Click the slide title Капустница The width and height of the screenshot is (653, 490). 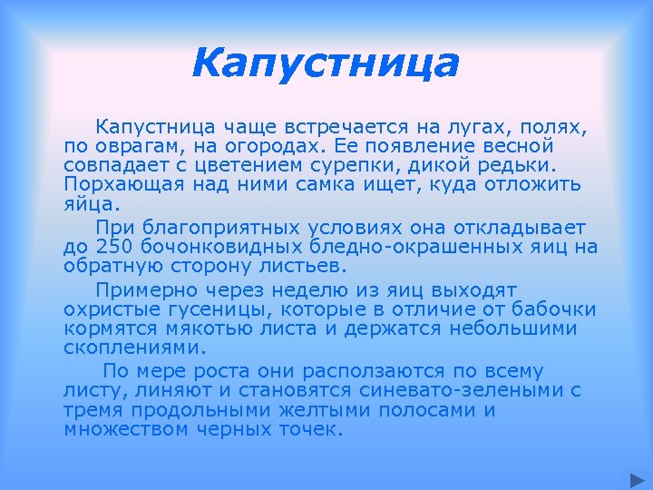tap(326, 64)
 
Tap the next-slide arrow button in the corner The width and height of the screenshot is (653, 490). tap(637, 478)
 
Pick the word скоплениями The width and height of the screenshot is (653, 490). tap(135, 348)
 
